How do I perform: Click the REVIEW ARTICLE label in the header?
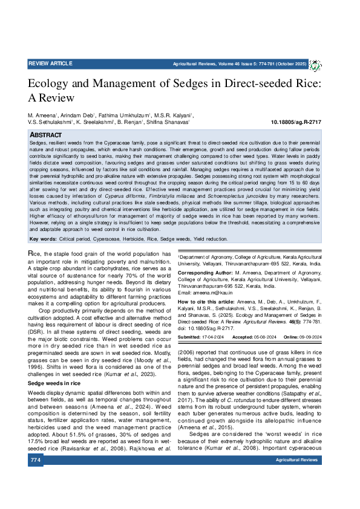pos(50,63)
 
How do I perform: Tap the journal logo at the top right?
pos(315,64)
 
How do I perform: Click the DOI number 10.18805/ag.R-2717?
pos(296,122)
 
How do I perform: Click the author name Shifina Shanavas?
pos(170,122)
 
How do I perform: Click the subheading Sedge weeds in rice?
pos(54,366)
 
